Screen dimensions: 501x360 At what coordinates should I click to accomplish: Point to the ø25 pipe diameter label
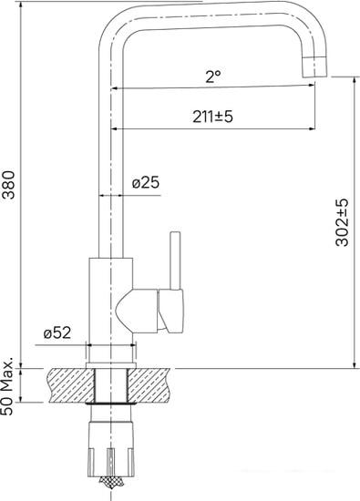pyautogui.click(x=145, y=182)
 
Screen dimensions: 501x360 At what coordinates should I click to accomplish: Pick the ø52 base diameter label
pyautogui.click(x=57, y=332)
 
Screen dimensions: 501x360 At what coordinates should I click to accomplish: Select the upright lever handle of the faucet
pyautogui.click(x=174, y=260)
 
